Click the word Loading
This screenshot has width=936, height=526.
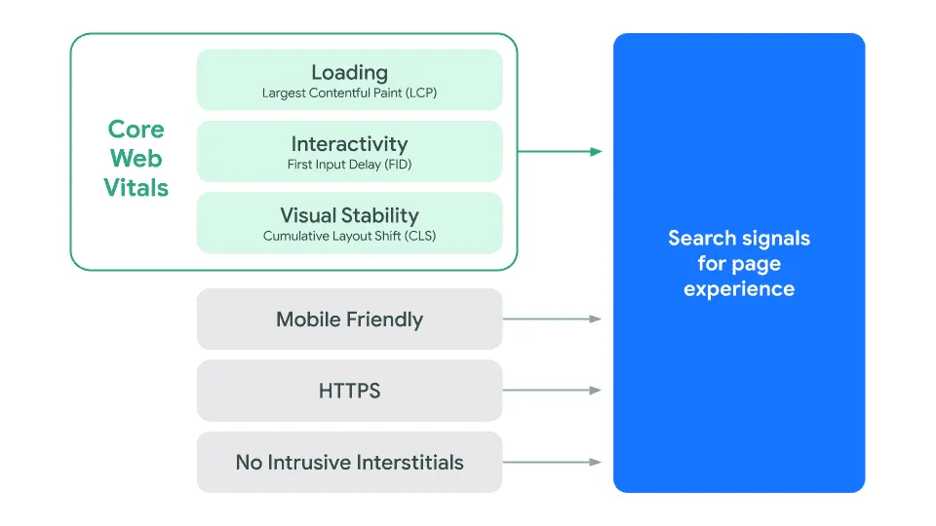pos(349,72)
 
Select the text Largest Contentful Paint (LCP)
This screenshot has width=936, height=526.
pos(349,94)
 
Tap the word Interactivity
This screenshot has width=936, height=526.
pos(349,144)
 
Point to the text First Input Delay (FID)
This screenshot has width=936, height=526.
pos(349,165)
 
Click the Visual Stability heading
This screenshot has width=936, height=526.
pos(349,215)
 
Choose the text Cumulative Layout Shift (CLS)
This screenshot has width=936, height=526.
pos(349,236)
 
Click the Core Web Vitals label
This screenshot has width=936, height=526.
pos(136,158)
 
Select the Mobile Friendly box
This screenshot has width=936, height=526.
pos(349,319)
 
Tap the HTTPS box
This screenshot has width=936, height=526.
pos(349,391)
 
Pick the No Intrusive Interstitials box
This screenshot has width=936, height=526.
pos(349,462)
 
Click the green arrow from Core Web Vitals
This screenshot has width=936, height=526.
pos(560,151)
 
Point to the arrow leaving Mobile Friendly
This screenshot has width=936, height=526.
pos(552,319)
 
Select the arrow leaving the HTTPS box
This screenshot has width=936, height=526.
pos(552,391)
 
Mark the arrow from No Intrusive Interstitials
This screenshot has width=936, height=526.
pos(552,462)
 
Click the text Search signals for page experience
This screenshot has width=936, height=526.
pos(739,263)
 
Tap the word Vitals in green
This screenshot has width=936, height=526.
pos(136,187)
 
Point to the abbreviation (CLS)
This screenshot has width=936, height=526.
pos(416,236)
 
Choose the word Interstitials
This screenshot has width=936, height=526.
pos(408,462)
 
